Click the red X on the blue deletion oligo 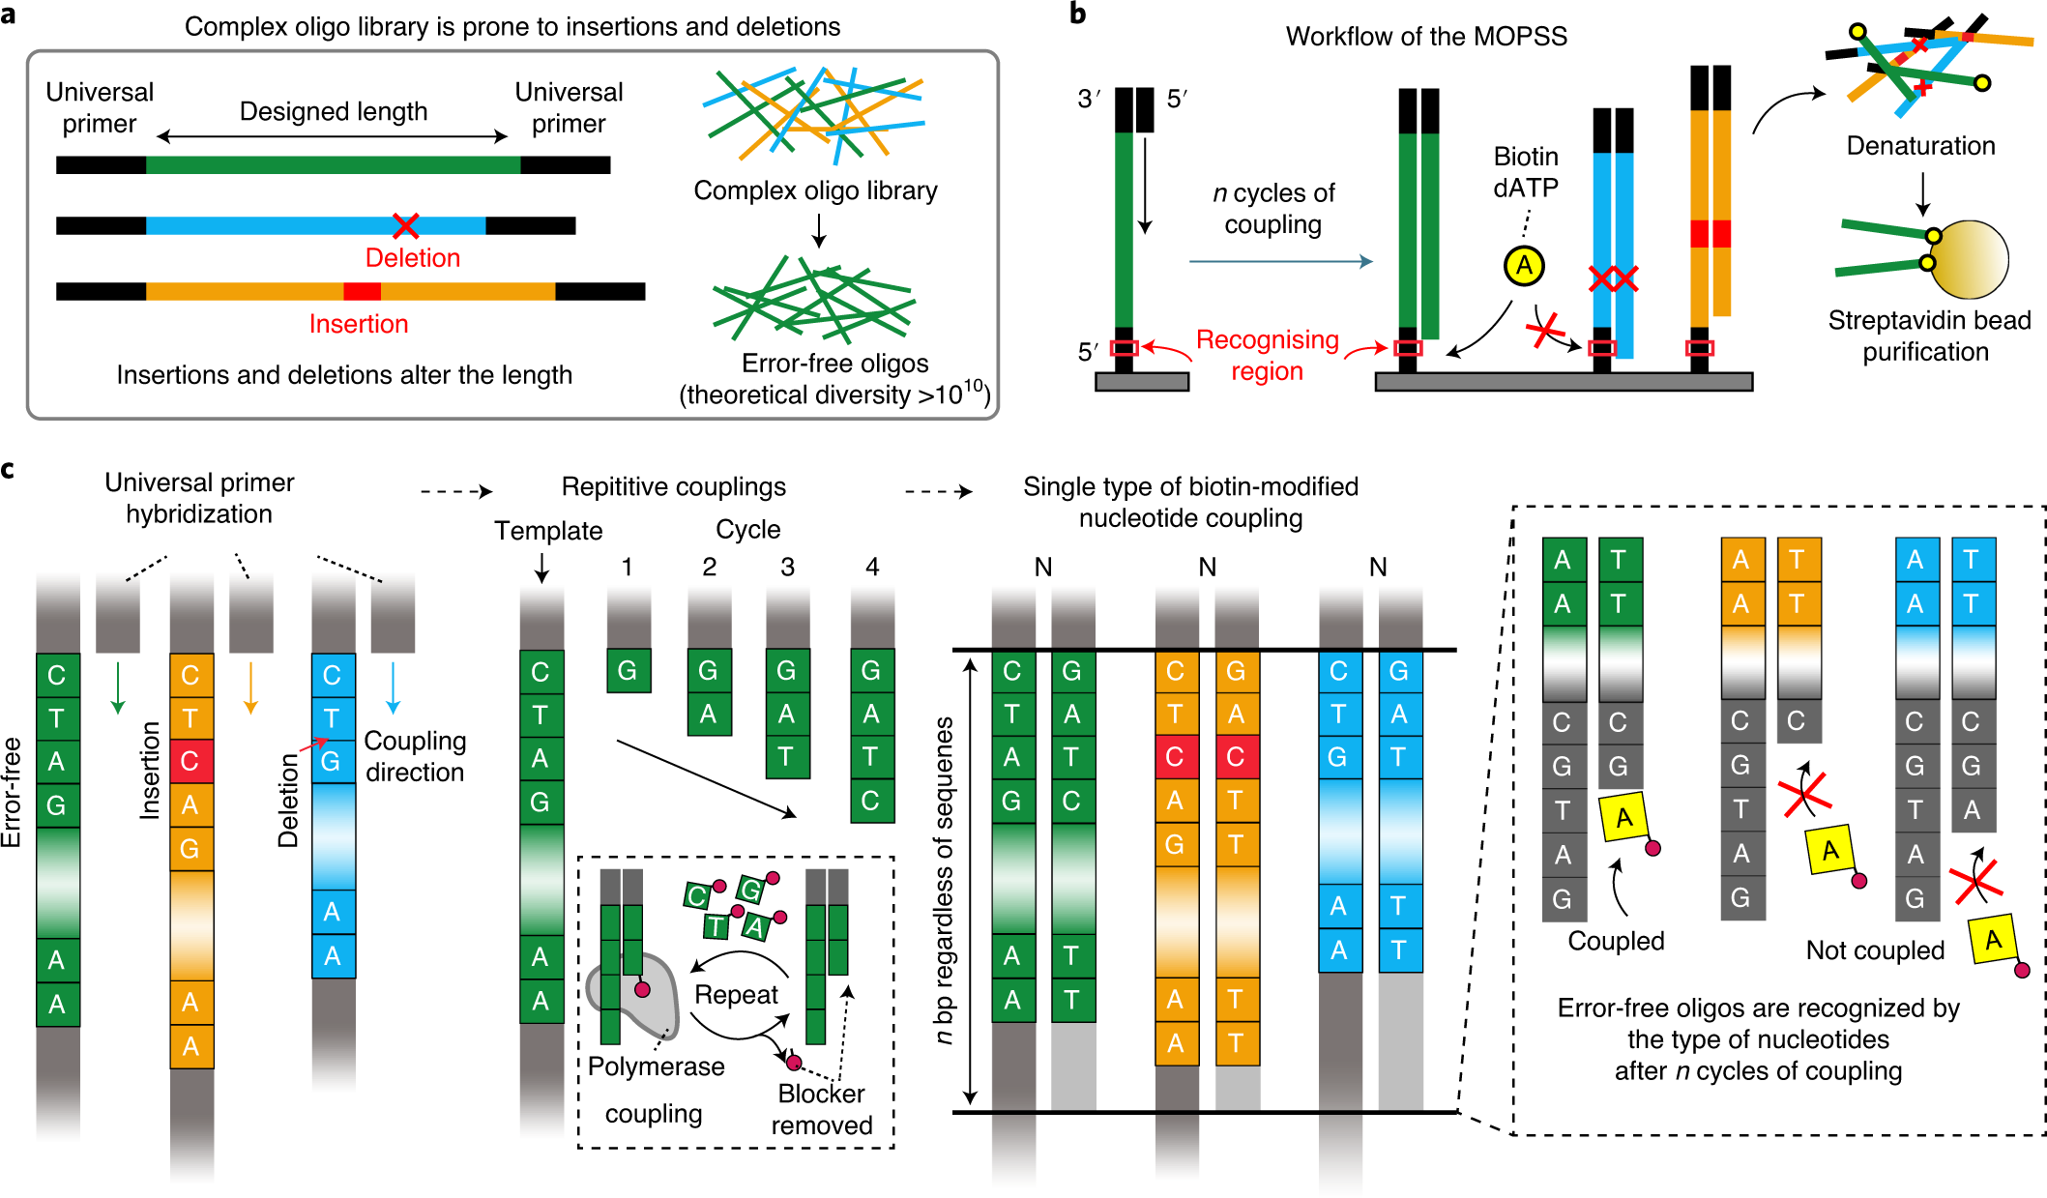coord(405,226)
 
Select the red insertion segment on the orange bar coord(362,291)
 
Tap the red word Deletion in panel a coord(412,258)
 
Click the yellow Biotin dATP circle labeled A coord(1524,266)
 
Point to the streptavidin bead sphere coord(1969,259)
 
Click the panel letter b coord(1078,15)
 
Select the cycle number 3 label coord(787,567)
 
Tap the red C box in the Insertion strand coord(190,761)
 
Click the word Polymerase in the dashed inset coord(656,1067)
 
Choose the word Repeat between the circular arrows coord(736,995)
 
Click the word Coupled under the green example coord(1616,941)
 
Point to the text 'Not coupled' coord(1875,950)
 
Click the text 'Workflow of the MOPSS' coord(1426,37)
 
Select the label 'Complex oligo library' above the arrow coord(815,190)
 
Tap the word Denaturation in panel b coord(1920,146)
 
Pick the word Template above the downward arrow coord(548,531)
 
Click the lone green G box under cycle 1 coord(629,671)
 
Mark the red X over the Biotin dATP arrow coord(1545,331)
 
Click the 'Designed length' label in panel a coord(333,111)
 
